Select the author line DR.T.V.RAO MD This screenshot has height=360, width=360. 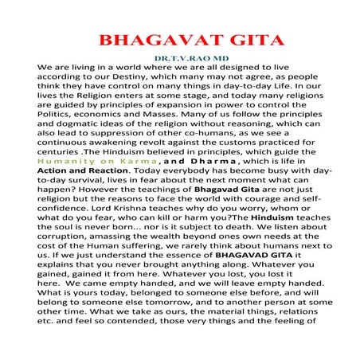(181, 58)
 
